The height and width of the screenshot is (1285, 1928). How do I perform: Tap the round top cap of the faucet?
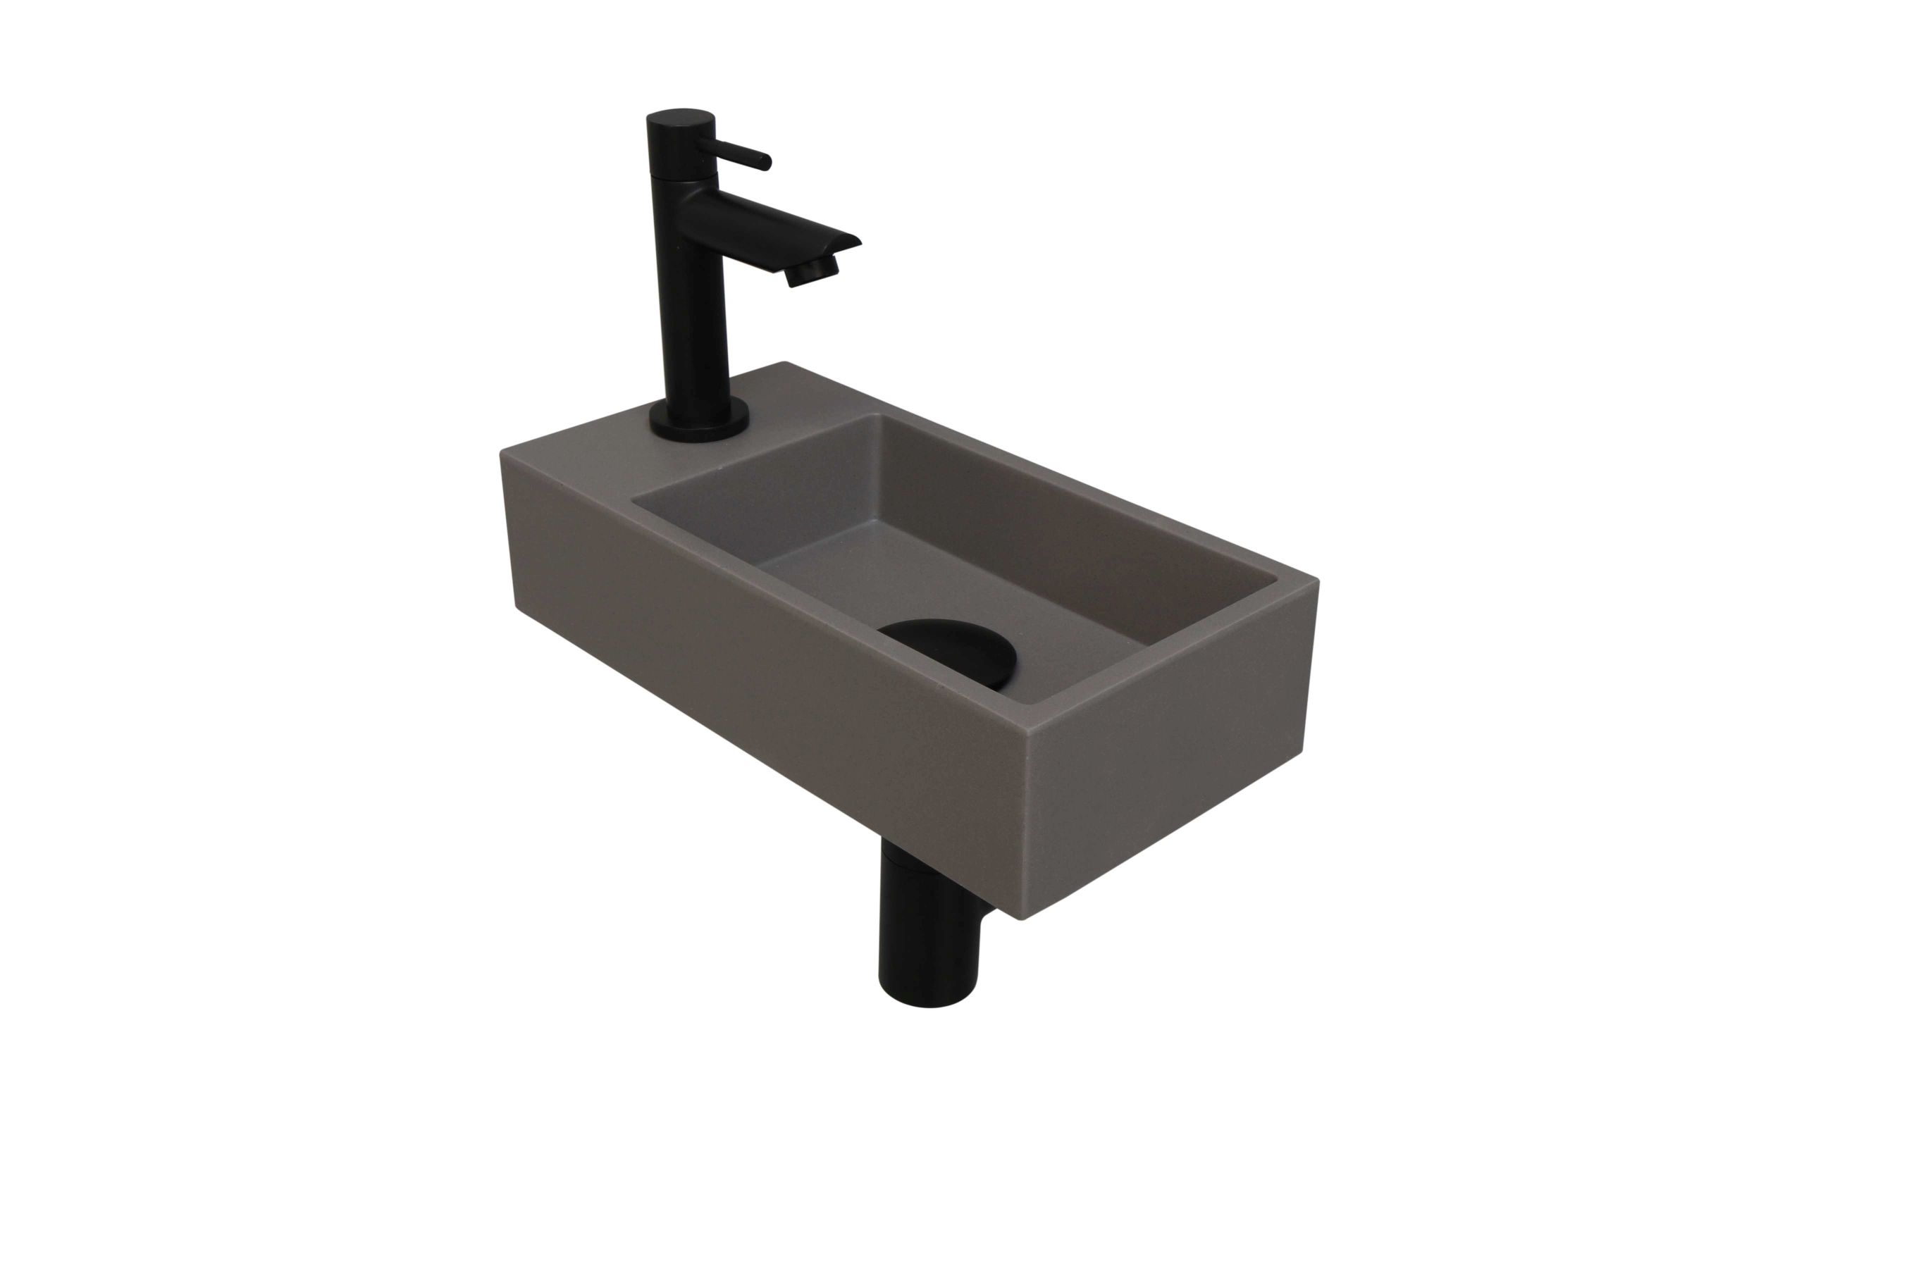pyautogui.click(x=681, y=120)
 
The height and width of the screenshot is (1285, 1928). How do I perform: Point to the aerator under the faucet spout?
pyautogui.click(x=808, y=274)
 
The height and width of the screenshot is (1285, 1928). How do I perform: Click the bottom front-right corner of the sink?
pyautogui.click(x=1020, y=918)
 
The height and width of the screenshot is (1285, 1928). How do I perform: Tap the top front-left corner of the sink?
pyautogui.click(x=502, y=453)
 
